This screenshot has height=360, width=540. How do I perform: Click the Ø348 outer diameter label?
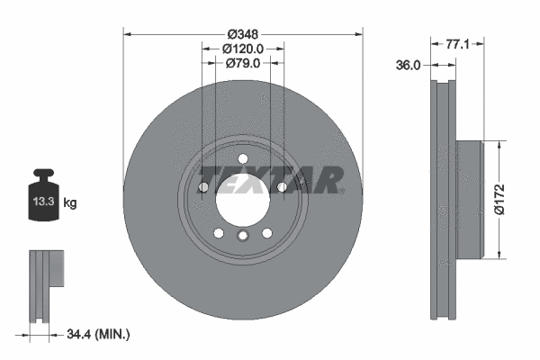pos(243,34)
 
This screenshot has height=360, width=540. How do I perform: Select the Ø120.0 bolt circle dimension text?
pos(243,49)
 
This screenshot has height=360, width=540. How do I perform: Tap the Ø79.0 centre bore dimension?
pos(243,63)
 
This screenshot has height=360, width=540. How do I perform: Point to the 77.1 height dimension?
pos(457,44)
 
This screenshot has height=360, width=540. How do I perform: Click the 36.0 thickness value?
pos(408,65)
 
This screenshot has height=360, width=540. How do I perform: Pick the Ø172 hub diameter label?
pos(499,200)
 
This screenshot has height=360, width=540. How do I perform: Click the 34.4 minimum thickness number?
pos(78,334)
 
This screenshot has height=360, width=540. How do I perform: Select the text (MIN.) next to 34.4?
pos(112,334)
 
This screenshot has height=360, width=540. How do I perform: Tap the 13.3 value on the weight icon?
pos(43,202)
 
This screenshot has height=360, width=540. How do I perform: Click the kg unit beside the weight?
pos(70,202)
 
